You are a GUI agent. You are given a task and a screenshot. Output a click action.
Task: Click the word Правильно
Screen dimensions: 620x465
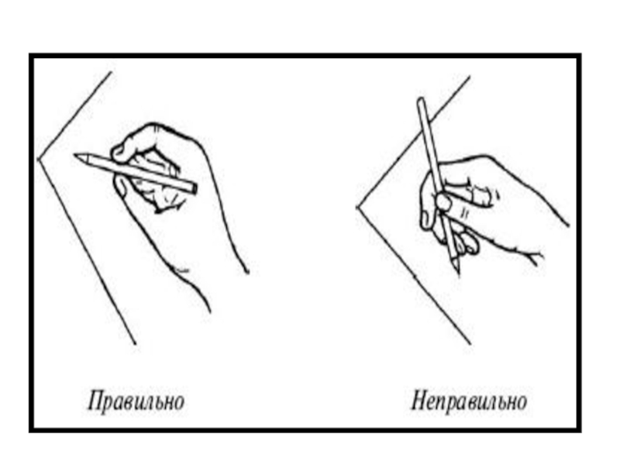point(136,401)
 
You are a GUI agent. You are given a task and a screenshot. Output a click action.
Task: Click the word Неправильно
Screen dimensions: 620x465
point(470,401)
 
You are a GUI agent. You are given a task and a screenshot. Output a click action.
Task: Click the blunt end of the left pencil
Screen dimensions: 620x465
point(193,188)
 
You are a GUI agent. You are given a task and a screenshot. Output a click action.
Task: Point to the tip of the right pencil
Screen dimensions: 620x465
point(458,273)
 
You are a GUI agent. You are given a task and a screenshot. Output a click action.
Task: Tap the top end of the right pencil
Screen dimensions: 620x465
point(421,100)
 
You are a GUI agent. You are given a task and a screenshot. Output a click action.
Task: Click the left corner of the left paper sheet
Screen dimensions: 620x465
point(38,160)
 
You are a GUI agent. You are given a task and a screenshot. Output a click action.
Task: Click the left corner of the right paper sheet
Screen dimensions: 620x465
point(357,207)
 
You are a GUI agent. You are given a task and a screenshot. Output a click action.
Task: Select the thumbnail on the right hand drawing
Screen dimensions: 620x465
point(443,202)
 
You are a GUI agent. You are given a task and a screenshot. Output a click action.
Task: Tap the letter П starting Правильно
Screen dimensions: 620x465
point(95,400)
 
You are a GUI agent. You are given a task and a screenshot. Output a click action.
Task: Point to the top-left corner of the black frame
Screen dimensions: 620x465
point(32,56)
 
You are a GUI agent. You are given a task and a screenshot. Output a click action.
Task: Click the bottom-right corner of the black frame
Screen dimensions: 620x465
point(578,430)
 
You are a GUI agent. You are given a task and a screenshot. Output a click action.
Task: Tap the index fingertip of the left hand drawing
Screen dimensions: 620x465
point(118,152)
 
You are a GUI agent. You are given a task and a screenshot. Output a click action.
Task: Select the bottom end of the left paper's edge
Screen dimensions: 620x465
point(135,344)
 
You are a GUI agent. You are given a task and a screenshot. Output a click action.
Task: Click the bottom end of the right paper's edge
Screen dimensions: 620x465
point(470,344)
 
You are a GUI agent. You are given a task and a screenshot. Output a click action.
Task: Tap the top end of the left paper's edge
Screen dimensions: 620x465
point(111,72)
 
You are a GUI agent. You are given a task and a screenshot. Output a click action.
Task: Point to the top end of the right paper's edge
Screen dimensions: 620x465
point(470,77)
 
